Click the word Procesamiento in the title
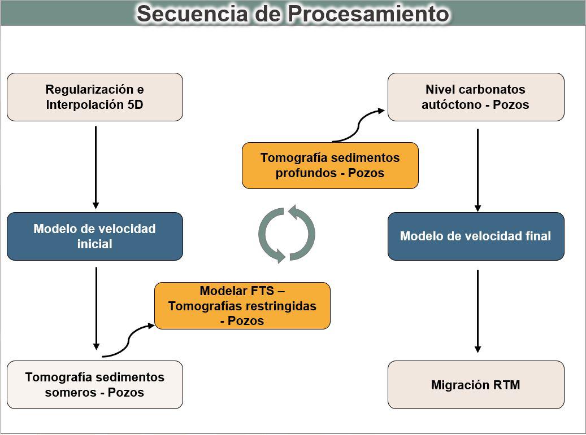368,14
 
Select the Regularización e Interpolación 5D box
95,97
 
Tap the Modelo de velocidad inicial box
95,236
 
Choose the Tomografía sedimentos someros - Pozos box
95,385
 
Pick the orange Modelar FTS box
242,306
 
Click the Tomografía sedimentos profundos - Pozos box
330,165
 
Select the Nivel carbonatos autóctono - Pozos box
476,97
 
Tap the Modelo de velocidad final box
476,236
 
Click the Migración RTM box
476,385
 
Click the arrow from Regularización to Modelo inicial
96,168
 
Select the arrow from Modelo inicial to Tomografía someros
96,309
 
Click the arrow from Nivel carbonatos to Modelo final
478,170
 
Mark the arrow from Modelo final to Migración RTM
478,311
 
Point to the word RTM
506,385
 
